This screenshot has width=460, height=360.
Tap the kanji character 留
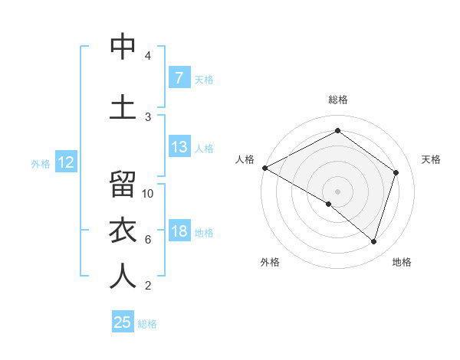[x=123, y=185]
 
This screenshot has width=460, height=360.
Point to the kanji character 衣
[x=123, y=231]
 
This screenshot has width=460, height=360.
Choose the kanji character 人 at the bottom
[x=123, y=276]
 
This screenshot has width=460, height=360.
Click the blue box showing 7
[x=179, y=78]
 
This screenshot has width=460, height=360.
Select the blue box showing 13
[x=179, y=147]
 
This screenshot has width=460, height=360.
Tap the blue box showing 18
[x=179, y=231]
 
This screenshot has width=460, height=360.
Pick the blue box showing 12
[x=65, y=162]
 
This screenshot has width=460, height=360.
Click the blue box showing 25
[x=123, y=322]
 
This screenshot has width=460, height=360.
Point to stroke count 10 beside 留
[x=148, y=194]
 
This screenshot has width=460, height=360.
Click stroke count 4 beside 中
[x=148, y=56]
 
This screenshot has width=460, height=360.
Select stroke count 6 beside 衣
[x=148, y=240]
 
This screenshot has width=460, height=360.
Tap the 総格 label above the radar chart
[x=337, y=100]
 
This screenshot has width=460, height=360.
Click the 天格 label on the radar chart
[x=432, y=159]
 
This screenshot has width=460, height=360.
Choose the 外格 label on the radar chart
[x=270, y=262]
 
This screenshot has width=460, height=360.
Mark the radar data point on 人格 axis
[x=264, y=168]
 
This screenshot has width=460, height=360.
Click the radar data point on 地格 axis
[x=373, y=241]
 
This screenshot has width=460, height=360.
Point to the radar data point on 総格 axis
[x=337, y=130]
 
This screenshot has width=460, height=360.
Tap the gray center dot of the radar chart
[x=337, y=191]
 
